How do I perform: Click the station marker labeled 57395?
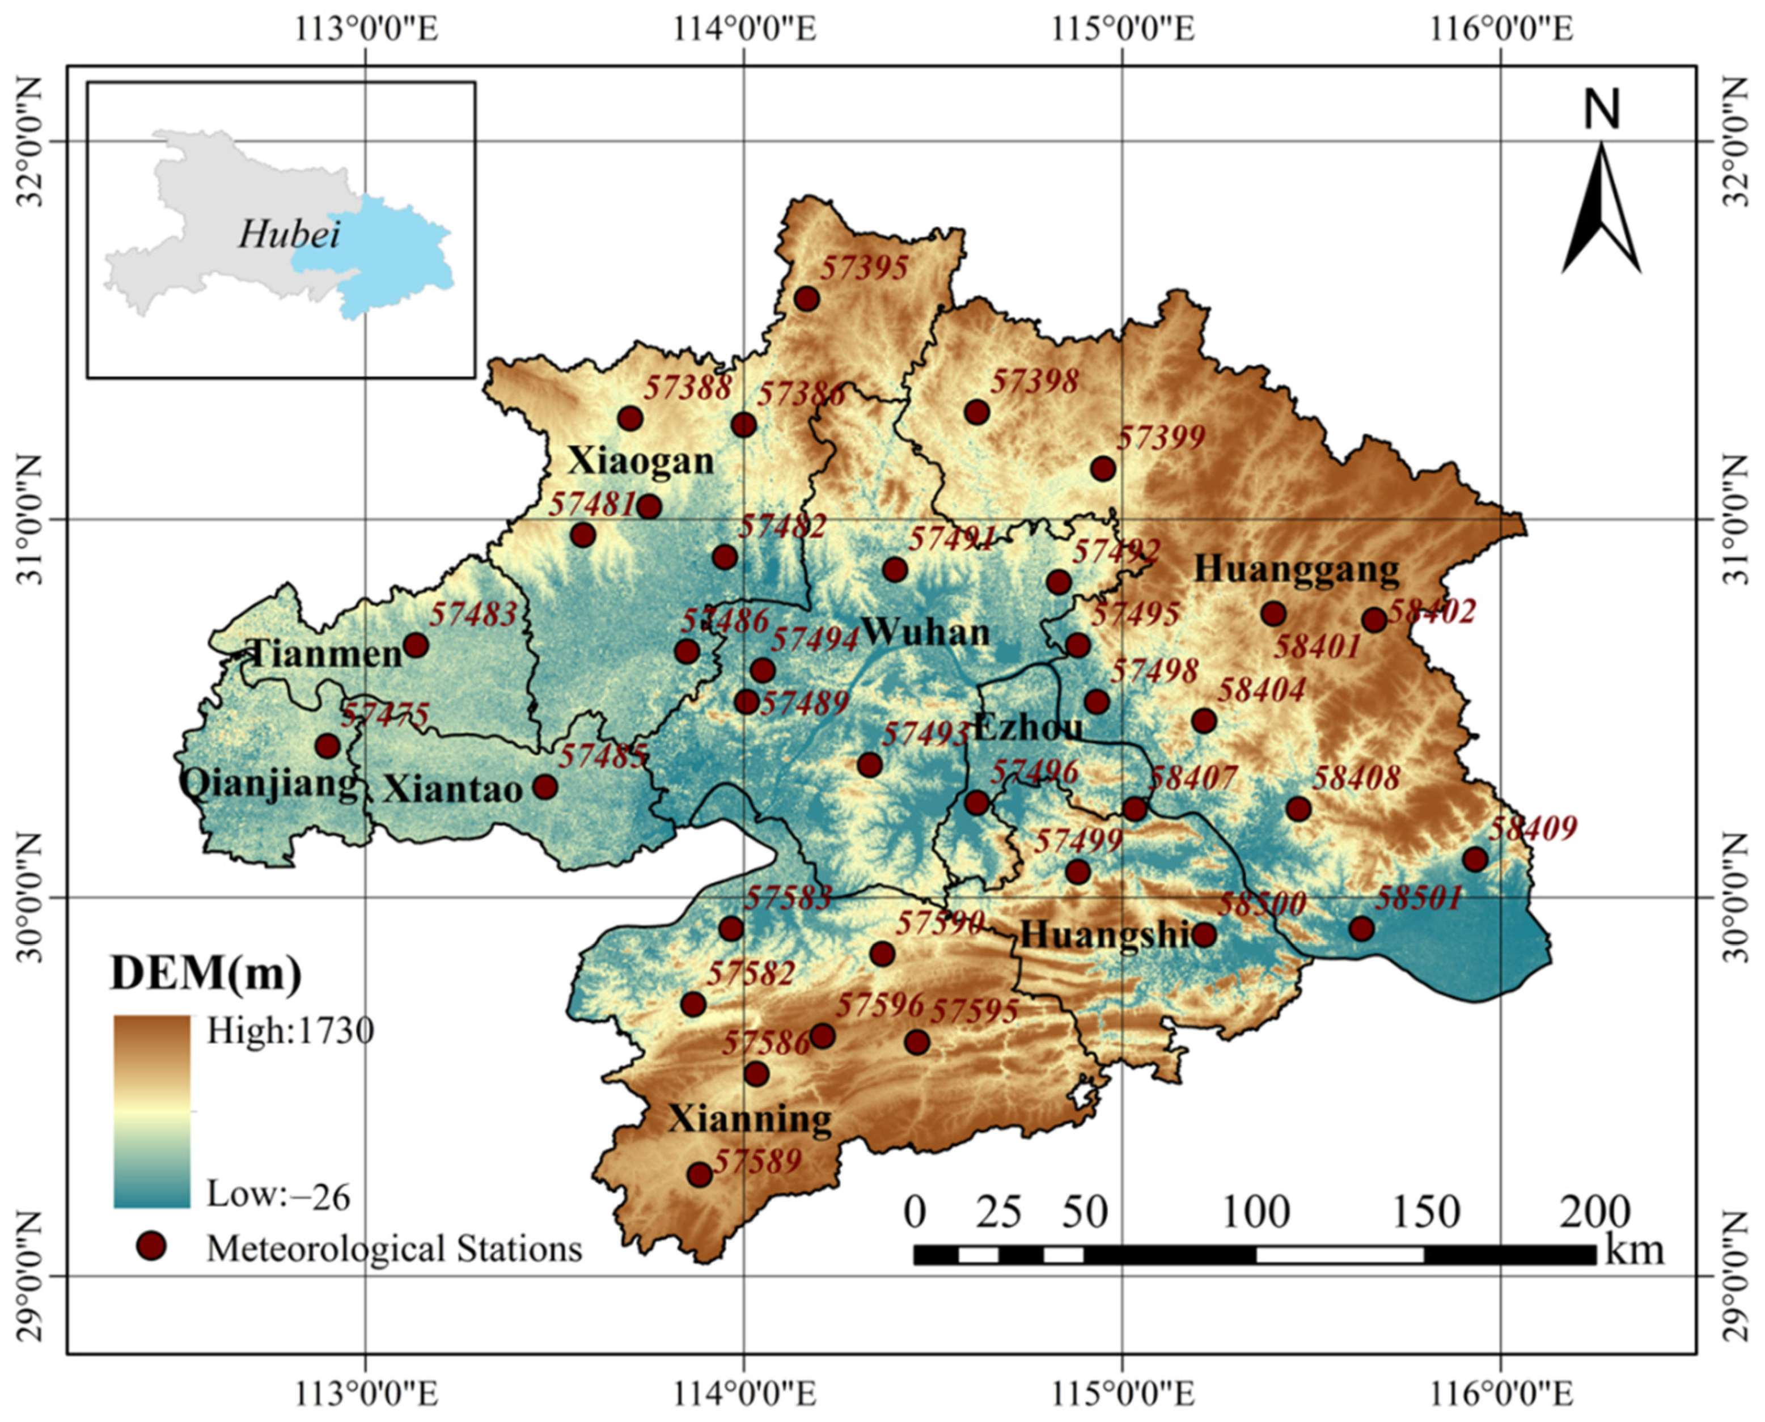coord(807,299)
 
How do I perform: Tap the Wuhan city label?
coord(925,632)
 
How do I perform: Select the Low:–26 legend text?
coord(278,1196)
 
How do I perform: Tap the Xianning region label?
coord(750,1119)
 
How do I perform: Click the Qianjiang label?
coord(269,785)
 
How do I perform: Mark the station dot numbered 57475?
coord(328,746)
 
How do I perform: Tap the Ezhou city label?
coord(1028,726)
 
